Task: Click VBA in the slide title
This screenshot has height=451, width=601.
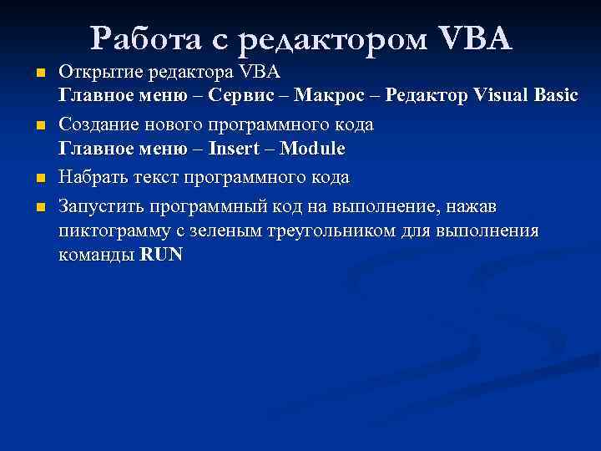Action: click(x=472, y=38)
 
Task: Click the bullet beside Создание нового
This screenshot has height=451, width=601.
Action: click(x=40, y=128)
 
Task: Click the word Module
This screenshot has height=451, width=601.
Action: click(x=312, y=149)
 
